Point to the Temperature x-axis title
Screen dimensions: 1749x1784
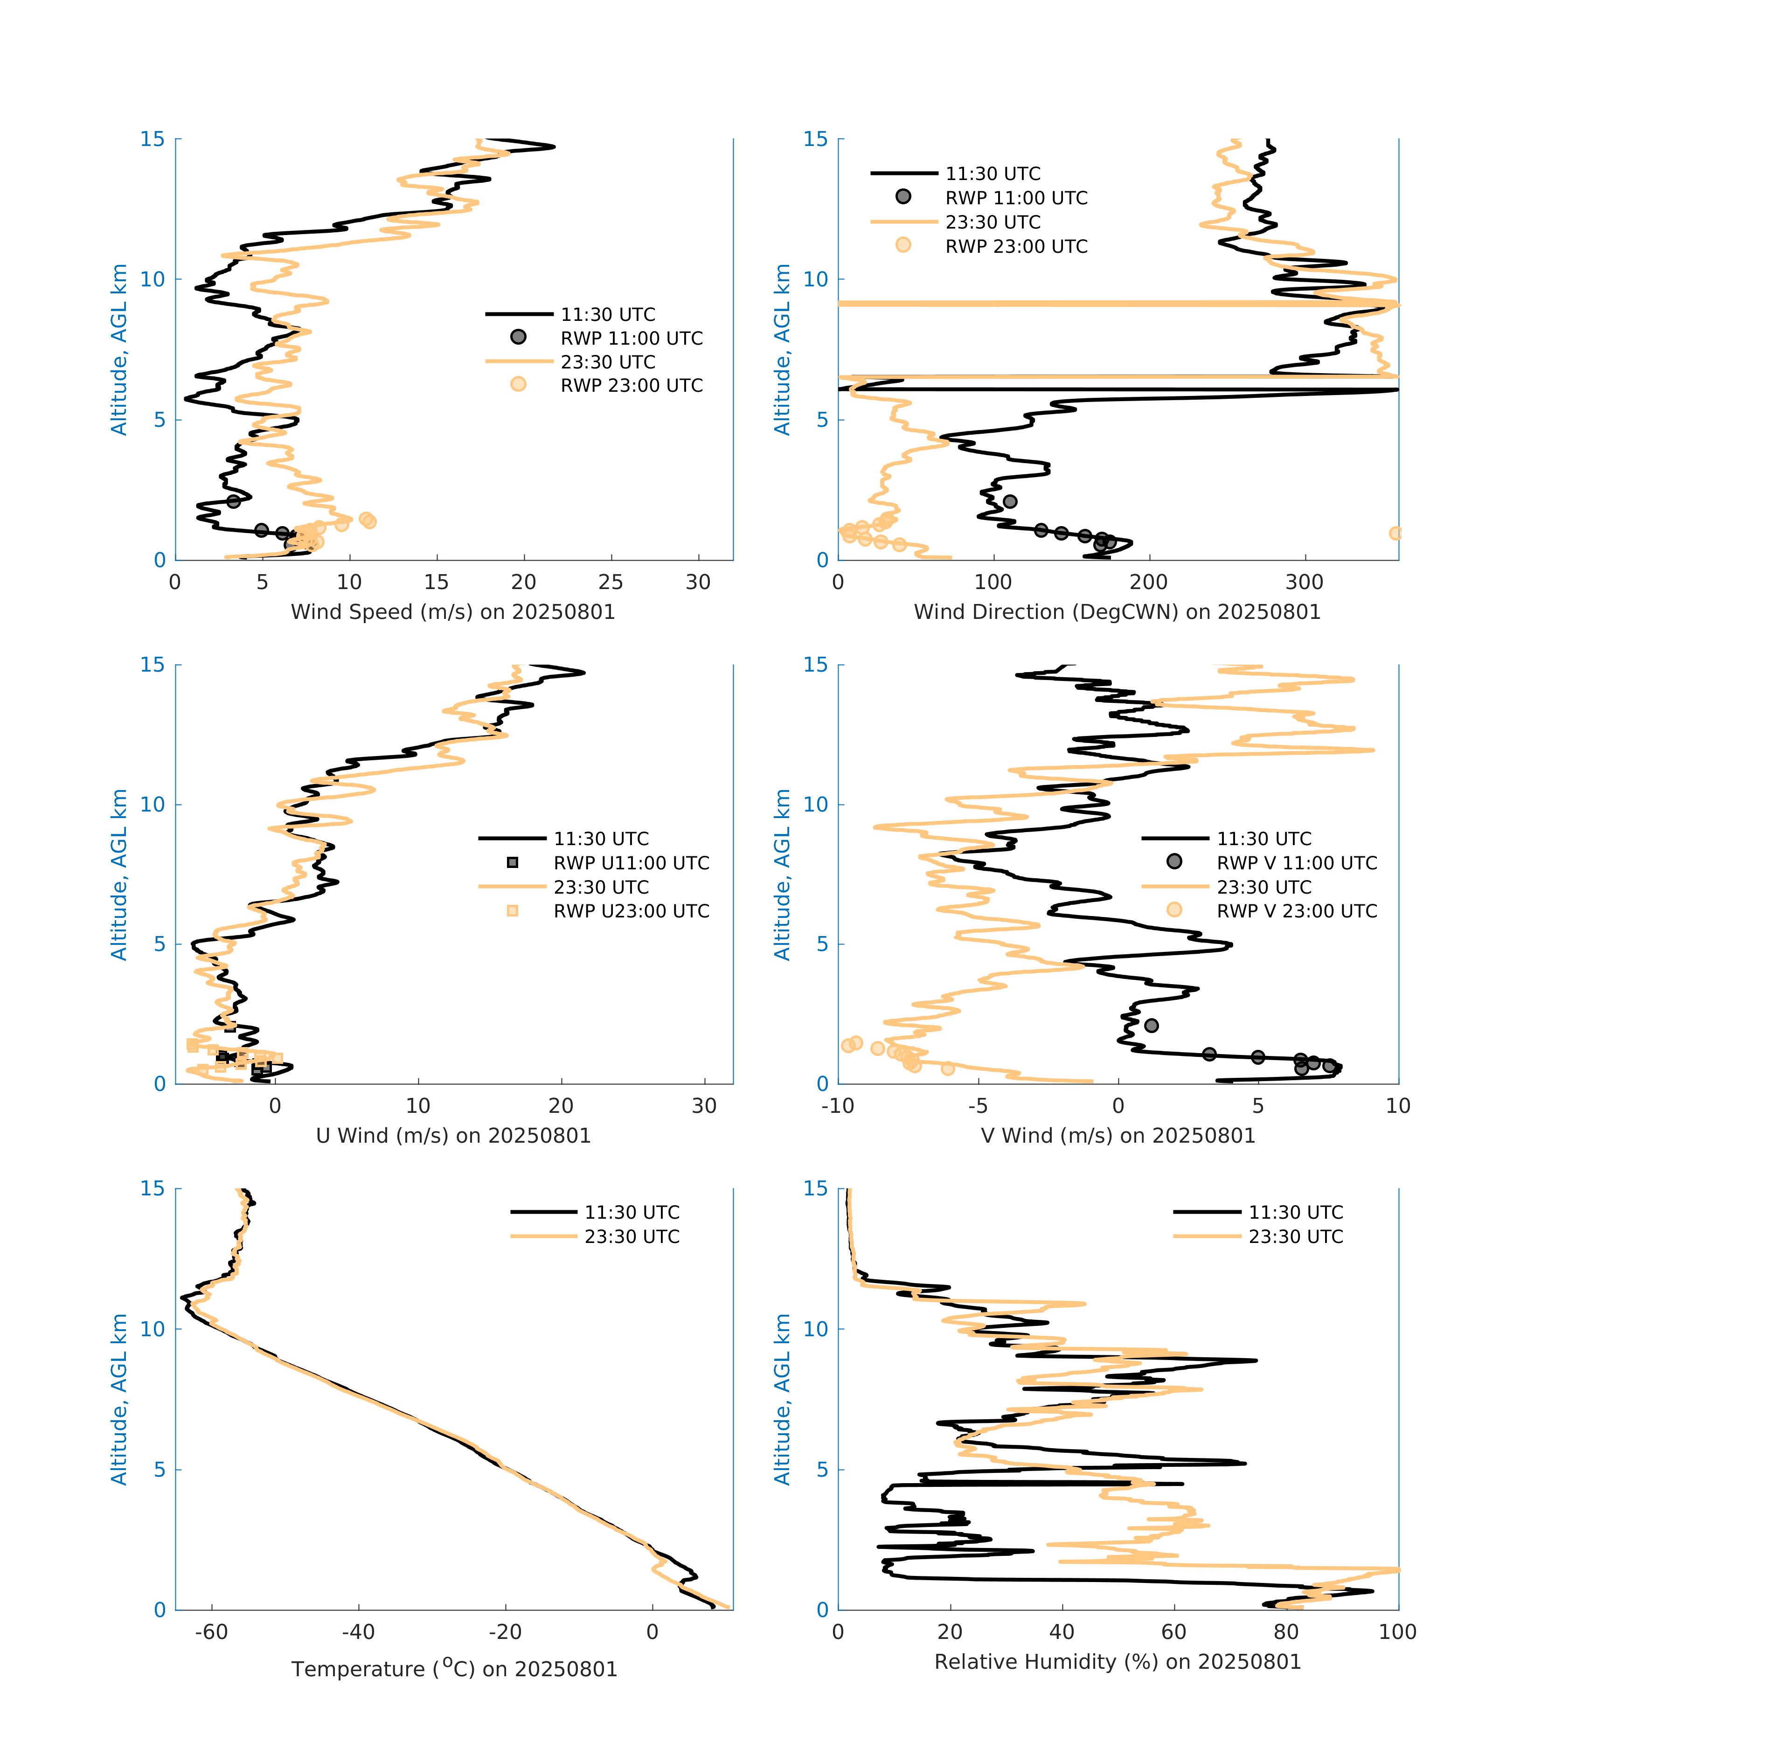click(454, 1668)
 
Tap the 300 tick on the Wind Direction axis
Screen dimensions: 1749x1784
click(1305, 583)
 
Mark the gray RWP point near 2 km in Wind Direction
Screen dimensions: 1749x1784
click(1010, 501)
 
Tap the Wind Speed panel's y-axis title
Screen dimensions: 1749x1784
click(118, 349)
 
